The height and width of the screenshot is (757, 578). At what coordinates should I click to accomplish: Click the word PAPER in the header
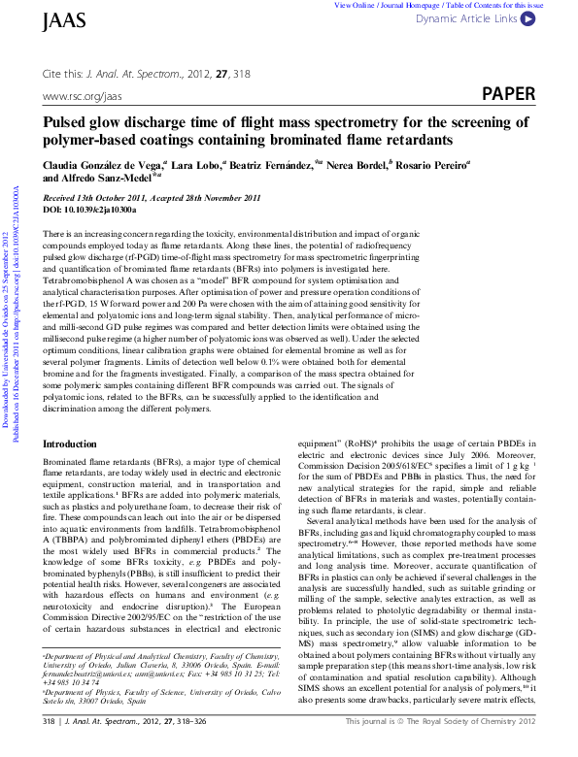508,94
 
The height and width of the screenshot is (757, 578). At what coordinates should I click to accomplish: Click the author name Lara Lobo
197,166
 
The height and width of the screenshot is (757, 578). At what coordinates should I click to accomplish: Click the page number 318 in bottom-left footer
50,749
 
